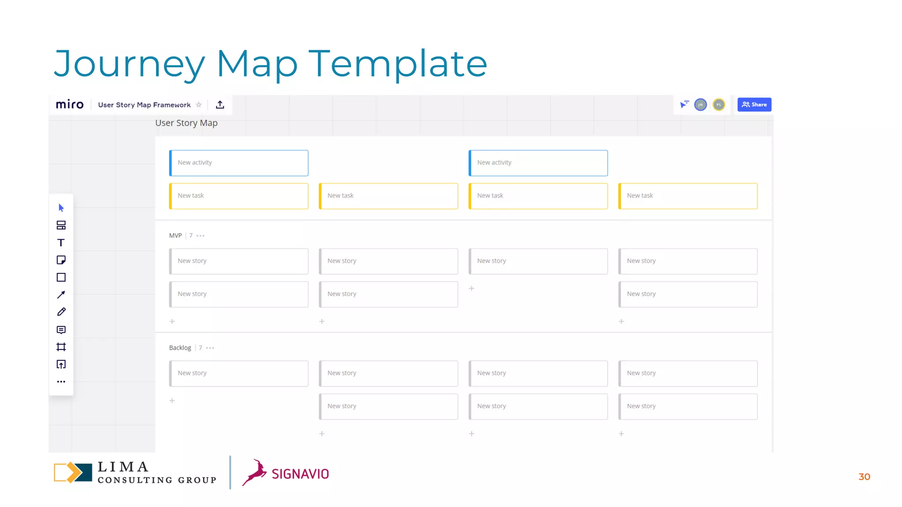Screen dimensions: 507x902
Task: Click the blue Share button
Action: pos(754,105)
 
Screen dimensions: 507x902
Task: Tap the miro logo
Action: pos(70,105)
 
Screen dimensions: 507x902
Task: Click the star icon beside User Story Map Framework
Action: pos(199,105)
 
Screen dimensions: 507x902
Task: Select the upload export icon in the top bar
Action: pos(220,105)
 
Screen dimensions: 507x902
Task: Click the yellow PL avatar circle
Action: pos(719,105)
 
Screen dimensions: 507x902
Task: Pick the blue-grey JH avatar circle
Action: pos(700,105)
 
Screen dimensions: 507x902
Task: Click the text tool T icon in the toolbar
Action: pos(61,242)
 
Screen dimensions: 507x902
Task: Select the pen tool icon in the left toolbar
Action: pos(61,312)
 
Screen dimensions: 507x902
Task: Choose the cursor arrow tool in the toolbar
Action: pos(61,208)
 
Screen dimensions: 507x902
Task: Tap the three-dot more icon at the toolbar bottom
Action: pos(61,382)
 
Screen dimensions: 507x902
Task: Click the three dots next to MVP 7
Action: pos(200,236)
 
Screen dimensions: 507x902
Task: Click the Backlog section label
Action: pos(180,348)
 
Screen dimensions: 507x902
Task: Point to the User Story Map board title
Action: pos(186,123)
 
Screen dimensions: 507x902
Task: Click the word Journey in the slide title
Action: pos(129,64)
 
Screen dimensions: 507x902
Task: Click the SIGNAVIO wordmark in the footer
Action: pos(300,474)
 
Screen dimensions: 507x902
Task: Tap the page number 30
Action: pos(864,477)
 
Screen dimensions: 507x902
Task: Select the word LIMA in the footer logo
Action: pos(123,467)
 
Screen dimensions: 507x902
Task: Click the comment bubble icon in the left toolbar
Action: pos(61,330)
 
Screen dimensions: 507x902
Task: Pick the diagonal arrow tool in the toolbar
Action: pos(61,295)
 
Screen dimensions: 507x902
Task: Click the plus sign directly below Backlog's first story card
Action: pos(172,400)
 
